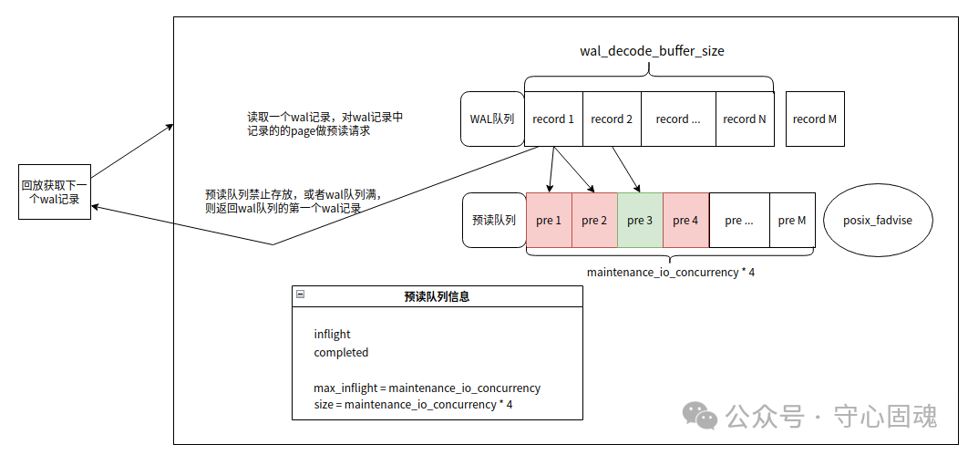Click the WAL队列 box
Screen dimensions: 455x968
click(492, 119)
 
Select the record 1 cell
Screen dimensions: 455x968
click(553, 119)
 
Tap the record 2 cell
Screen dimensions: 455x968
click(612, 119)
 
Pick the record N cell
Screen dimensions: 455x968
click(745, 119)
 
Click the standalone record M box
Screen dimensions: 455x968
click(814, 119)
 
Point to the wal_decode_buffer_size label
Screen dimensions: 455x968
click(652, 51)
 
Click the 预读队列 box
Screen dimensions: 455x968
click(494, 220)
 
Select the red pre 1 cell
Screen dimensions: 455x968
click(549, 220)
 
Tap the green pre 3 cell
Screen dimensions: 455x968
click(640, 220)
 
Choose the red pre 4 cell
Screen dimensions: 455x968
click(685, 220)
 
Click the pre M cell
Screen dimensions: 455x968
click(792, 220)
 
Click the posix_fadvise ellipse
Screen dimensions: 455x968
click(879, 220)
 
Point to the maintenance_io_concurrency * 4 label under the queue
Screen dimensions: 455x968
click(670, 272)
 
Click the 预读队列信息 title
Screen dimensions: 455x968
click(437, 296)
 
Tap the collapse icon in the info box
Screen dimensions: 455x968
click(301, 295)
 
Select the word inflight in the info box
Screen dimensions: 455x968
click(332, 334)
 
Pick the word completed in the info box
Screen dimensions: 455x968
click(341, 352)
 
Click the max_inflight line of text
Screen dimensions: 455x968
click(427, 388)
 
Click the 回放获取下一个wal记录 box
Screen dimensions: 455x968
click(55, 192)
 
